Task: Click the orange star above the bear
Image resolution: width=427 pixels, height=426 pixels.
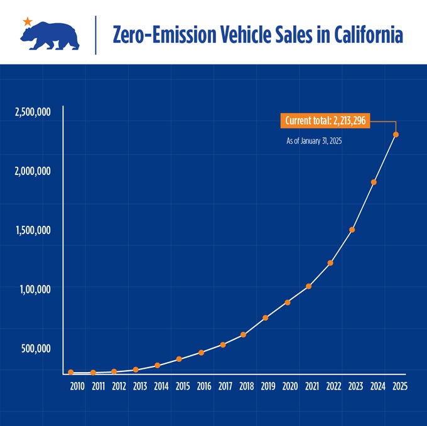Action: click(28, 21)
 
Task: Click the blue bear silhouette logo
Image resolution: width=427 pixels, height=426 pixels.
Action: click(50, 36)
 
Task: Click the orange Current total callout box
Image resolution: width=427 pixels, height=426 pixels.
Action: click(325, 120)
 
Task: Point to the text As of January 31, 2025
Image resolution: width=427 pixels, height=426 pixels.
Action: click(314, 141)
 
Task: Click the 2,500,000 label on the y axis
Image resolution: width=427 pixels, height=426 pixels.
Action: click(33, 112)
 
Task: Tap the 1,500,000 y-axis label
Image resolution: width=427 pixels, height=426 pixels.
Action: click(33, 230)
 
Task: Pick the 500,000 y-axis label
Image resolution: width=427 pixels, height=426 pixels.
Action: click(36, 348)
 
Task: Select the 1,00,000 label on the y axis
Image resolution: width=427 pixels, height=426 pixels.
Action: click(35, 289)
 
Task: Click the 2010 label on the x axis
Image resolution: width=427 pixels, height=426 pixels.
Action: click(77, 386)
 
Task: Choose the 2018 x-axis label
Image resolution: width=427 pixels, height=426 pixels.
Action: click(246, 386)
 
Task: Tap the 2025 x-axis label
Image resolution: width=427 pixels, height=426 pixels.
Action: click(400, 386)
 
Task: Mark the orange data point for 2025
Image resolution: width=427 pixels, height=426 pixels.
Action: click(396, 134)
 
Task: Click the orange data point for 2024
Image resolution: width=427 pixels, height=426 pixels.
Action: click(374, 182)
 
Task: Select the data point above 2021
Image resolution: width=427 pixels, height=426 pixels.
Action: click(308, 286)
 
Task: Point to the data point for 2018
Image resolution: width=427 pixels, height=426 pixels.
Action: click(244, 334)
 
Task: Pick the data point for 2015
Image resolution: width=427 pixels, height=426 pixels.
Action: click(179, 359)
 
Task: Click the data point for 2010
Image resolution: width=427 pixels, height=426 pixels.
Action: click(71, 372)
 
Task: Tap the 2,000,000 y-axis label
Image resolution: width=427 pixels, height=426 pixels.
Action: click(33, 171)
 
